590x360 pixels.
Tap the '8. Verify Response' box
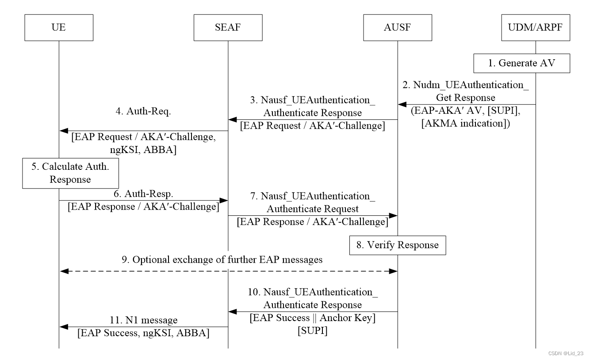pyautogui.click(x=398, y=245)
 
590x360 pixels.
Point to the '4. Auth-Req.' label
pyautogui.click(x=143, y=111)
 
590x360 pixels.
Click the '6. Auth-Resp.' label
pyautogui.click(x=143, y=194)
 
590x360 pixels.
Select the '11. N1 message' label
pyautogui.click(x=143, y=320)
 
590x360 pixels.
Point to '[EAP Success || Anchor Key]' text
pyautogui.click(x=312, y=318)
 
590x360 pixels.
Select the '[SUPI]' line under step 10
pyautogui.click(x=312, y=331)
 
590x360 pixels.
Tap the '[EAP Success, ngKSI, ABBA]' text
pyautogui.click(x=143, y=333)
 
